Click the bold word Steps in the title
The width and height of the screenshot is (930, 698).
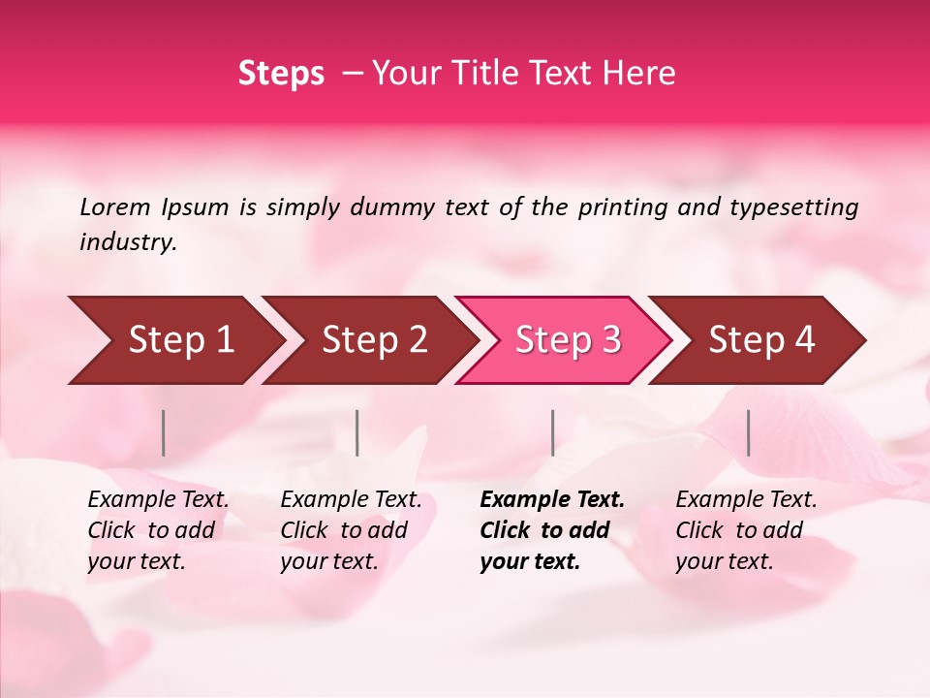[x=281, y=74]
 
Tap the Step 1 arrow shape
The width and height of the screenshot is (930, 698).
[x=174, y=340]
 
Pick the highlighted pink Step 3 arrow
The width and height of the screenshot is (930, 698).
[x=565, y=340]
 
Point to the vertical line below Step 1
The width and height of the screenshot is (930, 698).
[x=164, y=432]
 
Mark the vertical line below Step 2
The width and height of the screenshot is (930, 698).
[x=357, y=432]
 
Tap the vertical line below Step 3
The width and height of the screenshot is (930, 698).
[x=552, y=432]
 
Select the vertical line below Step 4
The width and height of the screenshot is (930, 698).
[x=748, y=432]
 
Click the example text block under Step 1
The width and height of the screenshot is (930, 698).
[x=158, y=530]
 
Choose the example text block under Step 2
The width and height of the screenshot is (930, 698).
[x=351, y=530]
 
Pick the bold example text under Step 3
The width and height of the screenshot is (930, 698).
[x=552, y=530]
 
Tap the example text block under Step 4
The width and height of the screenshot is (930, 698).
[x=746, y=530]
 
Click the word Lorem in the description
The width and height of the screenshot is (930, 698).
[x=115, y=207]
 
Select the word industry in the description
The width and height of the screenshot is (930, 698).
[x=127, y=242]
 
